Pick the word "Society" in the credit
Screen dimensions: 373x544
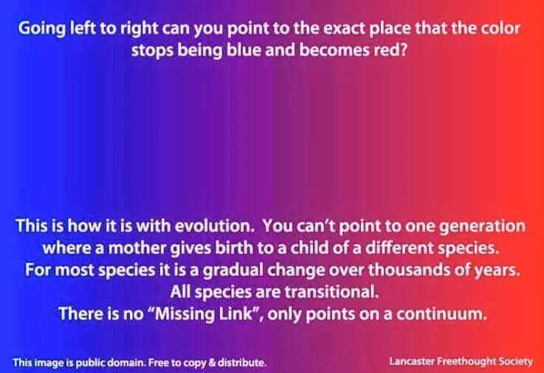pyautogui.click(x=515, y=363)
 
